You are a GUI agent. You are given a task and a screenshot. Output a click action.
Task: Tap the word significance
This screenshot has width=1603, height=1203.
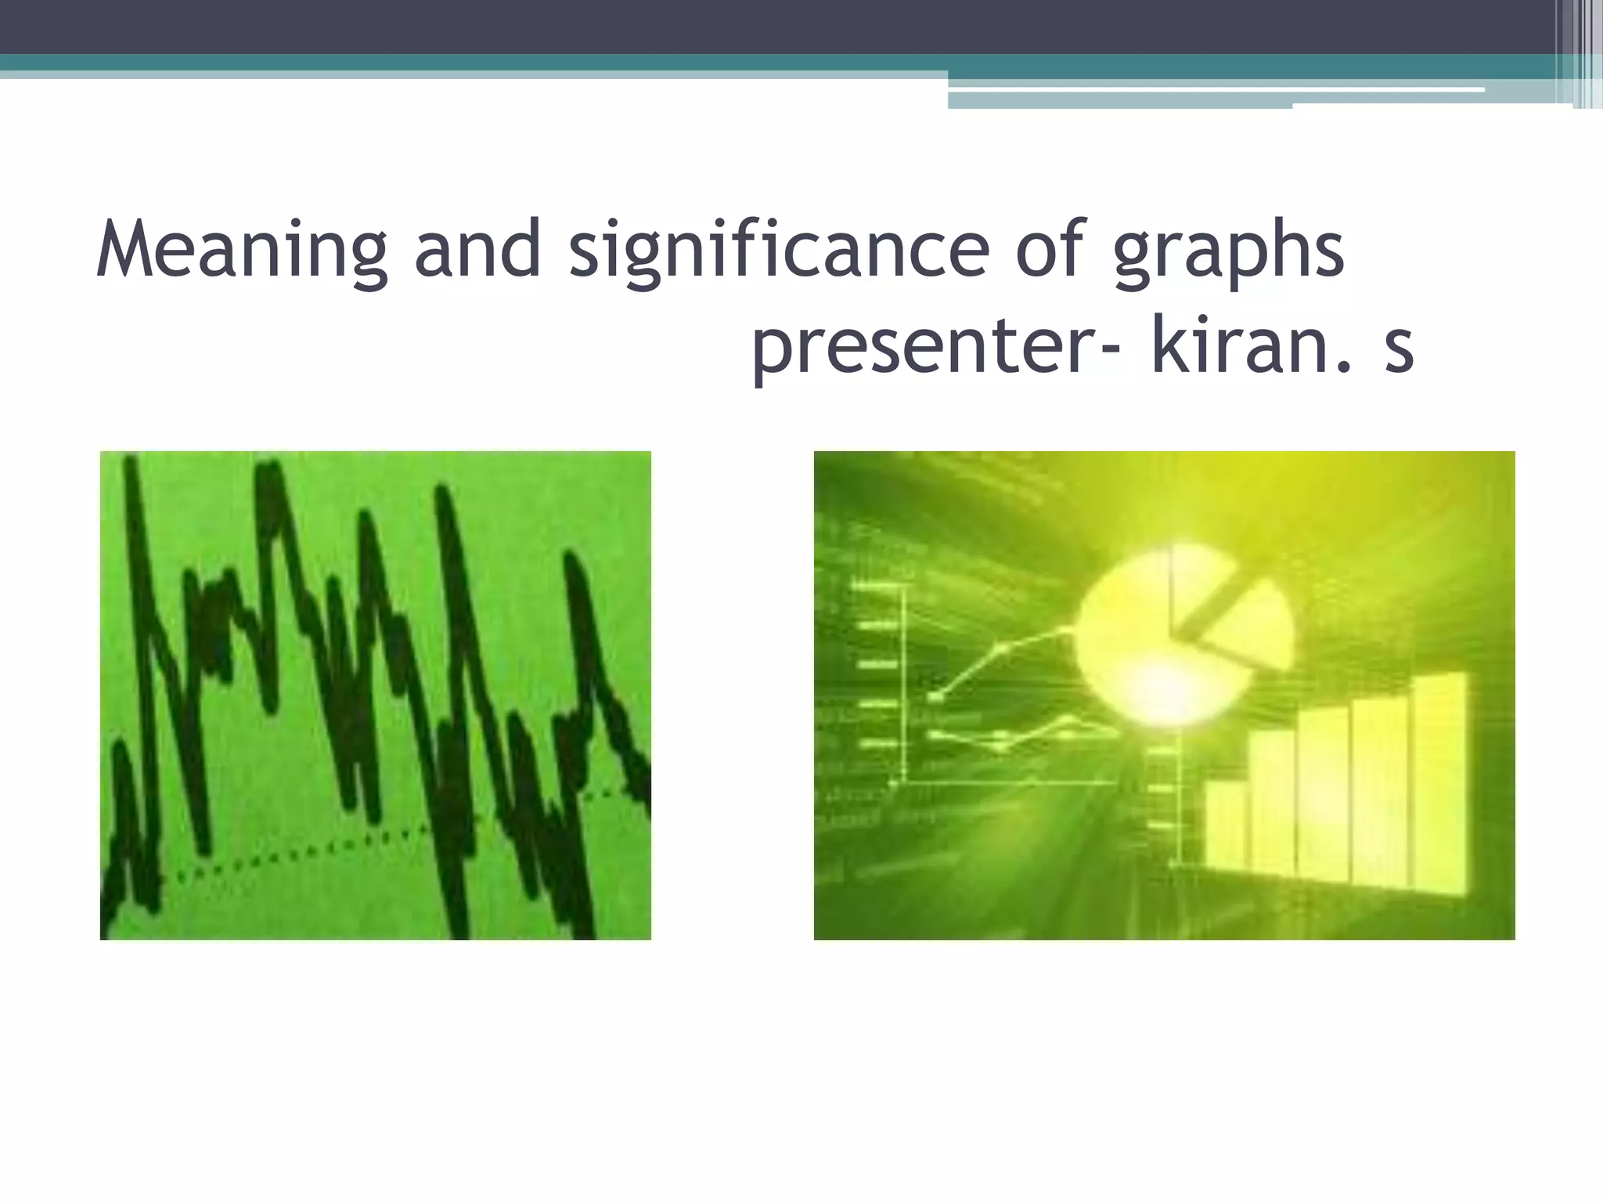click(x=779, y=249)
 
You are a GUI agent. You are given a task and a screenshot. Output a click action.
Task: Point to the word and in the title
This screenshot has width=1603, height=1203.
click(x=477, y=249)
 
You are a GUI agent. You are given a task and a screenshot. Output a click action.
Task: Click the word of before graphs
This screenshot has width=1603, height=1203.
click(x=1054, y=249)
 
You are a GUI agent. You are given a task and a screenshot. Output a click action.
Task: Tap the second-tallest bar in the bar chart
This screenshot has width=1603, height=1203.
click(x=1382, y=791)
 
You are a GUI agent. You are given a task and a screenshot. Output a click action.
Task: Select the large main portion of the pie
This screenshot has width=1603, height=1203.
click(x=1127, y=642)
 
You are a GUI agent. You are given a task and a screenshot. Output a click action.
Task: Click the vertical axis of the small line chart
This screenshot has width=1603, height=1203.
click(x=905, y=681)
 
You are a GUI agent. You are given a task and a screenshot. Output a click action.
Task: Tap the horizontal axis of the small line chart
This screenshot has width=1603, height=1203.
click(x=1010, y=782)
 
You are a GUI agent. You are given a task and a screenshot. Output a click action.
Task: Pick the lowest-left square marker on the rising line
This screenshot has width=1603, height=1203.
click(x=936, y=695)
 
